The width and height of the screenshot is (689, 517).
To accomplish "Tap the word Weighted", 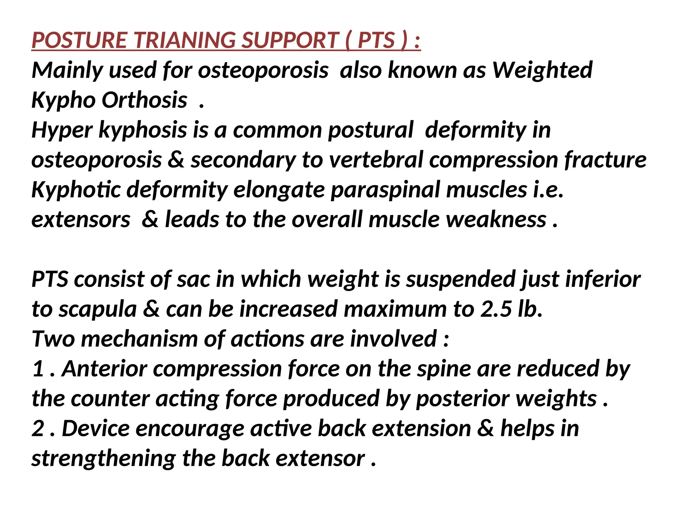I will (542, 70).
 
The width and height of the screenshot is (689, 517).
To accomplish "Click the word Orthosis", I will (144, 100).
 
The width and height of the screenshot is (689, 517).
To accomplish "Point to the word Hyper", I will (62, 130).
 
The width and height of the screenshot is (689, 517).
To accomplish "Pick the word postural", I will (370, 130).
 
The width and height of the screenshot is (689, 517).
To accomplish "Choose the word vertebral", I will (375, 160).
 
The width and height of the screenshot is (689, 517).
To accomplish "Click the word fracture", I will (605, 160).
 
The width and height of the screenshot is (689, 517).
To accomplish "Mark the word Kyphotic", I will (76, 190).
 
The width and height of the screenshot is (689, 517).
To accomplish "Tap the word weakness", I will (496, 220).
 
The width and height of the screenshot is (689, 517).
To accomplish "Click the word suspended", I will (461, 279).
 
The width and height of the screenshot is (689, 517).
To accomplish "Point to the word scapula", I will (98, 309).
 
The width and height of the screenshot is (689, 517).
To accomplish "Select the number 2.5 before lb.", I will (496, 309).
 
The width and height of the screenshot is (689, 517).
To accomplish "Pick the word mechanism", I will (139, 339).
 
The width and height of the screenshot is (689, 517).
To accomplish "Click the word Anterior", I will (105, 369).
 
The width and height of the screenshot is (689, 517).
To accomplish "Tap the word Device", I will (96, 429).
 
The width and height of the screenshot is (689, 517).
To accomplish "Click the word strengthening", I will (104, 459).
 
